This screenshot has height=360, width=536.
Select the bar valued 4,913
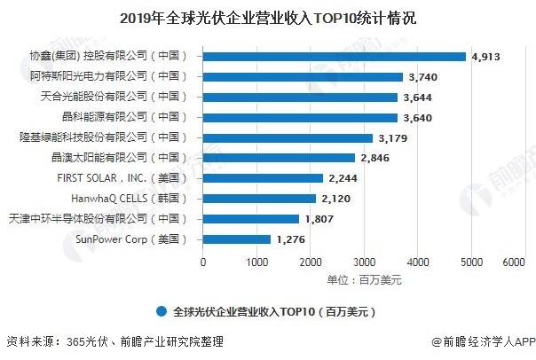(x=335, y=57)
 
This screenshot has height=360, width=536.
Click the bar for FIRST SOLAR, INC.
(x=264, y=178)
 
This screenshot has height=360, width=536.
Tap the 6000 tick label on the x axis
(x=514, y=262)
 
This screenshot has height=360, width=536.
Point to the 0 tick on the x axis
(x=204, y=262)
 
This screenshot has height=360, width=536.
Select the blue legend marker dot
(x=161, y=311)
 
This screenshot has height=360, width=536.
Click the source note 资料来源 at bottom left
(x=114, y=341)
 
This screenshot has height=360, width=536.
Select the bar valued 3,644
(x=301, y=98)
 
